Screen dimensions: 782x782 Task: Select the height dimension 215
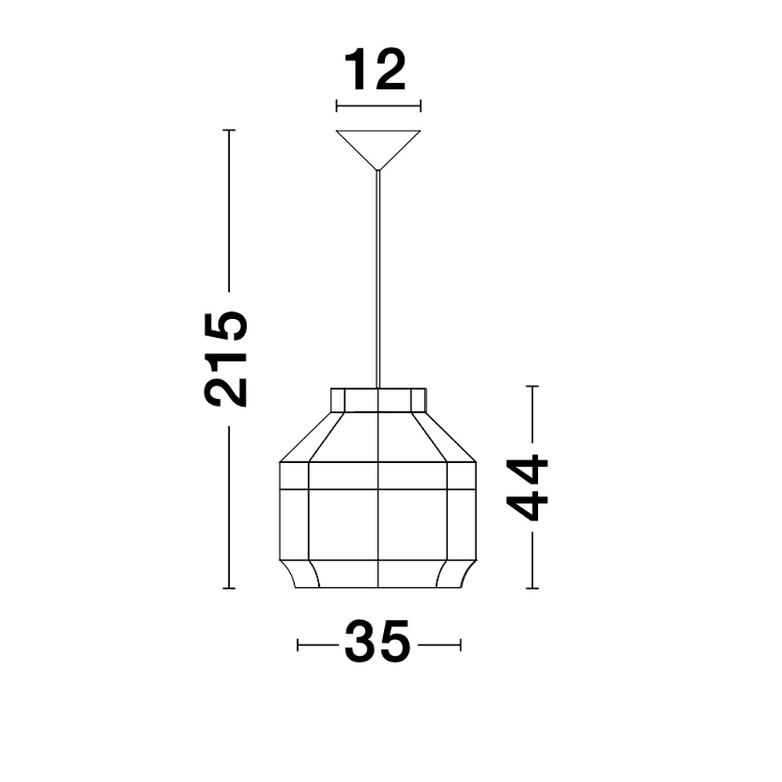[x=226, y=358]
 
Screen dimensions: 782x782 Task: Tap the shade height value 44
[x=528, y=487]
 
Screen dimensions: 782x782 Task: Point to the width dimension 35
[x=378, y=643]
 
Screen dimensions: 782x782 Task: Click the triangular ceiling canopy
[x=378, y=144]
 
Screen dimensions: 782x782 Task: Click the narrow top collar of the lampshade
[x=378, y=399]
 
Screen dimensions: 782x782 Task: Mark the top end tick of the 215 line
[x=228, y=130]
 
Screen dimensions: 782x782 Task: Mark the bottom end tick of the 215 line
[x=228, y=588]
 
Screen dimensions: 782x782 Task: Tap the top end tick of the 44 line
[x=533, y=386]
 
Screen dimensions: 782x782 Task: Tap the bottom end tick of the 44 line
[x=533, y=588]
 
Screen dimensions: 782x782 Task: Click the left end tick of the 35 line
[x=298, y=644]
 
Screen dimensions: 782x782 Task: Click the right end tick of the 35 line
[x=461, y=644]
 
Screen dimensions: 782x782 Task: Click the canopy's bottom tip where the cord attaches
[x=378, y=169]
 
